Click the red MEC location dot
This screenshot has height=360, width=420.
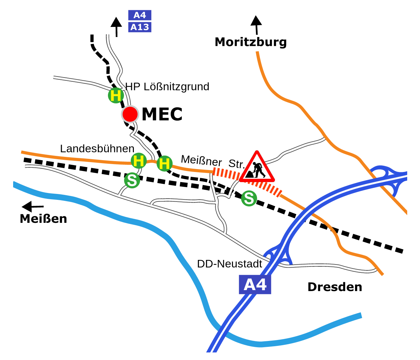tap(130, 114)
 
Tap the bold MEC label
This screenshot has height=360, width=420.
tap(162, 114)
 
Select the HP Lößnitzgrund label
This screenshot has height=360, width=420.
tap(167, 87)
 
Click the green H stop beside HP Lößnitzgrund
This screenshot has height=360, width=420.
tap(116, 95)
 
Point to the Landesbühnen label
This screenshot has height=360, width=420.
tap(97, 149)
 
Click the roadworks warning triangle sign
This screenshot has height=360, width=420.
tap(257, 168)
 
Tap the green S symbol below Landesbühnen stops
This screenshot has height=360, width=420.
tap(132, 180)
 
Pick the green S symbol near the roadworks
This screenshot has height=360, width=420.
tap(249, 199)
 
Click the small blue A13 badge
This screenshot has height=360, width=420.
tap(140, 27)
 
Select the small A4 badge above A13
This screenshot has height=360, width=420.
tap(140, 15)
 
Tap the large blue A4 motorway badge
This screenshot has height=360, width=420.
tap(255, 285)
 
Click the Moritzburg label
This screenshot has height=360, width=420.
tap(251, 42)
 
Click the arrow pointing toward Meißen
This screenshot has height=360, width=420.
tap(32, 206)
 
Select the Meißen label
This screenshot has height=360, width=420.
tap(43, 219)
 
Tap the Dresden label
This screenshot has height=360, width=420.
tap(335, 287)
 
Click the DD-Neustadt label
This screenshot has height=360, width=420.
tap(229, 264)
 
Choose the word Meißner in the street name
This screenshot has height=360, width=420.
tap(201, 160)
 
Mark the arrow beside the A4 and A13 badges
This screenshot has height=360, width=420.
tap(116, 26)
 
